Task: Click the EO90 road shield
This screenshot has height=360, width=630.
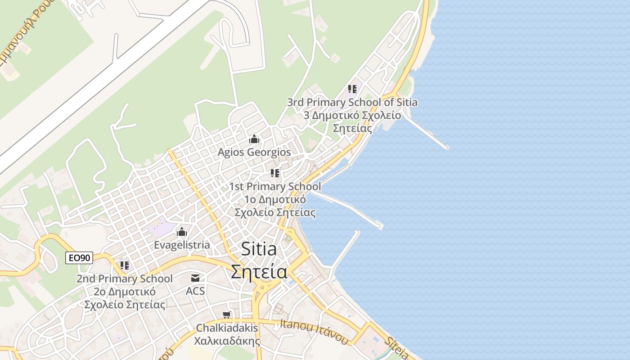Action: pos(79,258)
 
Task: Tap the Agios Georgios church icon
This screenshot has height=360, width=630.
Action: pos(254,139)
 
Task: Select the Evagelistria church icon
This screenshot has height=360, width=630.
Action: pos(182,232)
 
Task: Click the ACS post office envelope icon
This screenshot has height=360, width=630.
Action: pos(195,278)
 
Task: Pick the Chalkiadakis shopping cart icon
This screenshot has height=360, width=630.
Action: pos(227,315)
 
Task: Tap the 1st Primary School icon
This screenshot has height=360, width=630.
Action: pos(275,173)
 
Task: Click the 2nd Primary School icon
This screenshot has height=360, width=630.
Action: pos(125,265)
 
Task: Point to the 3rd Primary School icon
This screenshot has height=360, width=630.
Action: pos(352,89)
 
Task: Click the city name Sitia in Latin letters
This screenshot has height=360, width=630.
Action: pos(259,249)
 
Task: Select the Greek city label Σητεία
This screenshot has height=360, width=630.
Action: pos(259,272)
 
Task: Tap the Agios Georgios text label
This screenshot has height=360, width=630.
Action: pos(254,153)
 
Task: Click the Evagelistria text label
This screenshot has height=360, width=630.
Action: pos(182,245)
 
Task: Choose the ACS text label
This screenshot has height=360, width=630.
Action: pos(195,291)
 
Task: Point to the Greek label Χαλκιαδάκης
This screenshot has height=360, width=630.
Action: pos(227,341)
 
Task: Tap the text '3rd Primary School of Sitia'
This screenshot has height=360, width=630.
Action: pos(352,103)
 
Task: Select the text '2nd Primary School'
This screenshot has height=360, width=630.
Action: pos(125,279)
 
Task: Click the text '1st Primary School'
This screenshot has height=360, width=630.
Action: pos(275,186)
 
